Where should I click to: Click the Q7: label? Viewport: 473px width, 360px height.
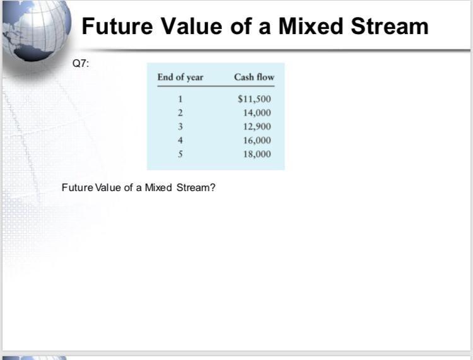click(81, 63)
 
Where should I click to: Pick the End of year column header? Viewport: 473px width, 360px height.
click(180, 77)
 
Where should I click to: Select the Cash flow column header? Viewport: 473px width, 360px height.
click(254, 77)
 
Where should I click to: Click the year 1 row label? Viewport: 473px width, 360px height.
click(180, 99)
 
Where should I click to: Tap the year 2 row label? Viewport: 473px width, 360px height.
click(180, 113)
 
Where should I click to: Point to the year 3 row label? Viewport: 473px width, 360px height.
click(180, 127)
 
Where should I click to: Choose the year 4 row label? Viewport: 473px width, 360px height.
click(180, 141)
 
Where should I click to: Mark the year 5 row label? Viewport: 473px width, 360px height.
click(180, 154)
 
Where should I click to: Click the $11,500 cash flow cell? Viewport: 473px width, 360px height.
click(254, 99)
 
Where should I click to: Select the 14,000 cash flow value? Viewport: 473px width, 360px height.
click(257, 113)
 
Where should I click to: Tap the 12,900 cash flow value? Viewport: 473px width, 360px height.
click(257, 127)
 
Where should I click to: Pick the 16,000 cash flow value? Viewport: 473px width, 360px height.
click(257, 141)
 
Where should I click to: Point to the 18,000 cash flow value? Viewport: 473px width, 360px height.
click(257, 154)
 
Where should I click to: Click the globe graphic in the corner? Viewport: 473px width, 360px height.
click(35, 28)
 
